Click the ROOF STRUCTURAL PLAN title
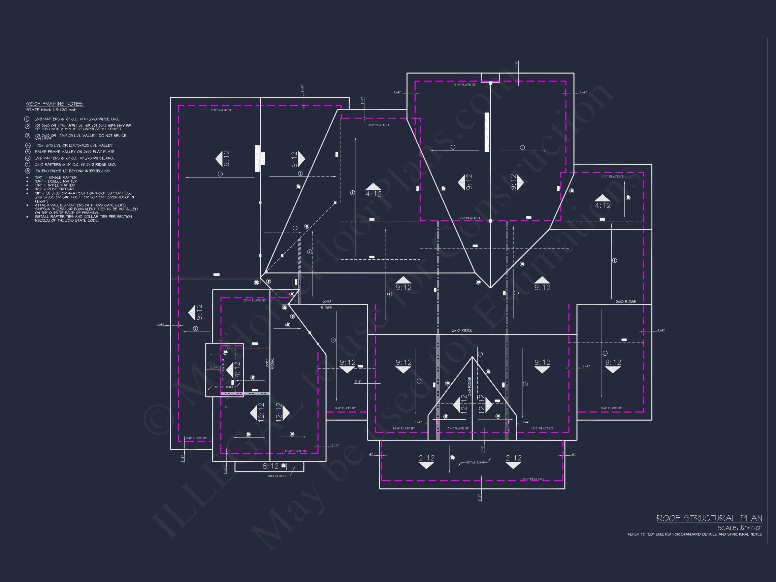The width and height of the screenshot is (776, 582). [709, 518]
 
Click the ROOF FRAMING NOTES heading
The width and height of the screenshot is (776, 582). [55, 104]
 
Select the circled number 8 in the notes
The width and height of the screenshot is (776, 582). [28, 171]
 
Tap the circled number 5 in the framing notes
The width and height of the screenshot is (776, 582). [28, 152]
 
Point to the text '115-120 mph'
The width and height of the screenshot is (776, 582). [65, 110]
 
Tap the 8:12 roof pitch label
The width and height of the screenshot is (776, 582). [270, 466]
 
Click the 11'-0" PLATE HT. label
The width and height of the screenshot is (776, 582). [464, 85]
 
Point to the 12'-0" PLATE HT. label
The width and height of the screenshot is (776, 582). [470, 218]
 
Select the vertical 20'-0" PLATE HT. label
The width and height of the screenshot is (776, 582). [223, 369]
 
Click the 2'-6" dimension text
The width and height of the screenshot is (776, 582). [213, 368]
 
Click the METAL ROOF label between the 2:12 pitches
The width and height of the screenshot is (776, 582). [475, 462]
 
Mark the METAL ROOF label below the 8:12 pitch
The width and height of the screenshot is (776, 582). [278, 476]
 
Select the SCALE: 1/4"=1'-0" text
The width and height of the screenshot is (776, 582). [740, 528]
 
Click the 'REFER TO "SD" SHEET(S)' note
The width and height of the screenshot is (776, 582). [694, 534]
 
